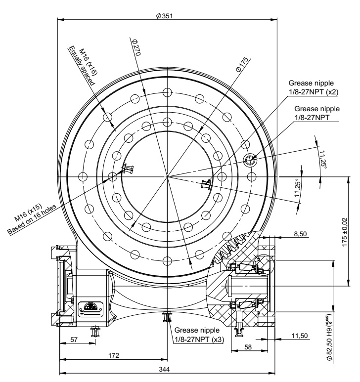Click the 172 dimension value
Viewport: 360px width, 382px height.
(x=114, y=355)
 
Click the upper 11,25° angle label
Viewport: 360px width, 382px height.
(x=324, y=159)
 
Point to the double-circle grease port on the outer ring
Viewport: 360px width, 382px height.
(x=250, y=159)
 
